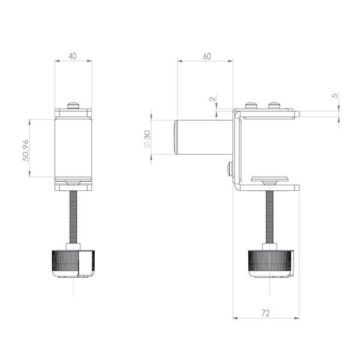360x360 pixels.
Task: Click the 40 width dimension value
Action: click(73, 56)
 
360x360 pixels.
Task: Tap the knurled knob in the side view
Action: click(270, 262)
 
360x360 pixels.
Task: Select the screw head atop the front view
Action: click(73, 106)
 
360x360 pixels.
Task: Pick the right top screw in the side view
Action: click(274, 106)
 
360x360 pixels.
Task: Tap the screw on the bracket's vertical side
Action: click(230, 169)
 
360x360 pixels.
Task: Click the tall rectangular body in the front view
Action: click(73, 147)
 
